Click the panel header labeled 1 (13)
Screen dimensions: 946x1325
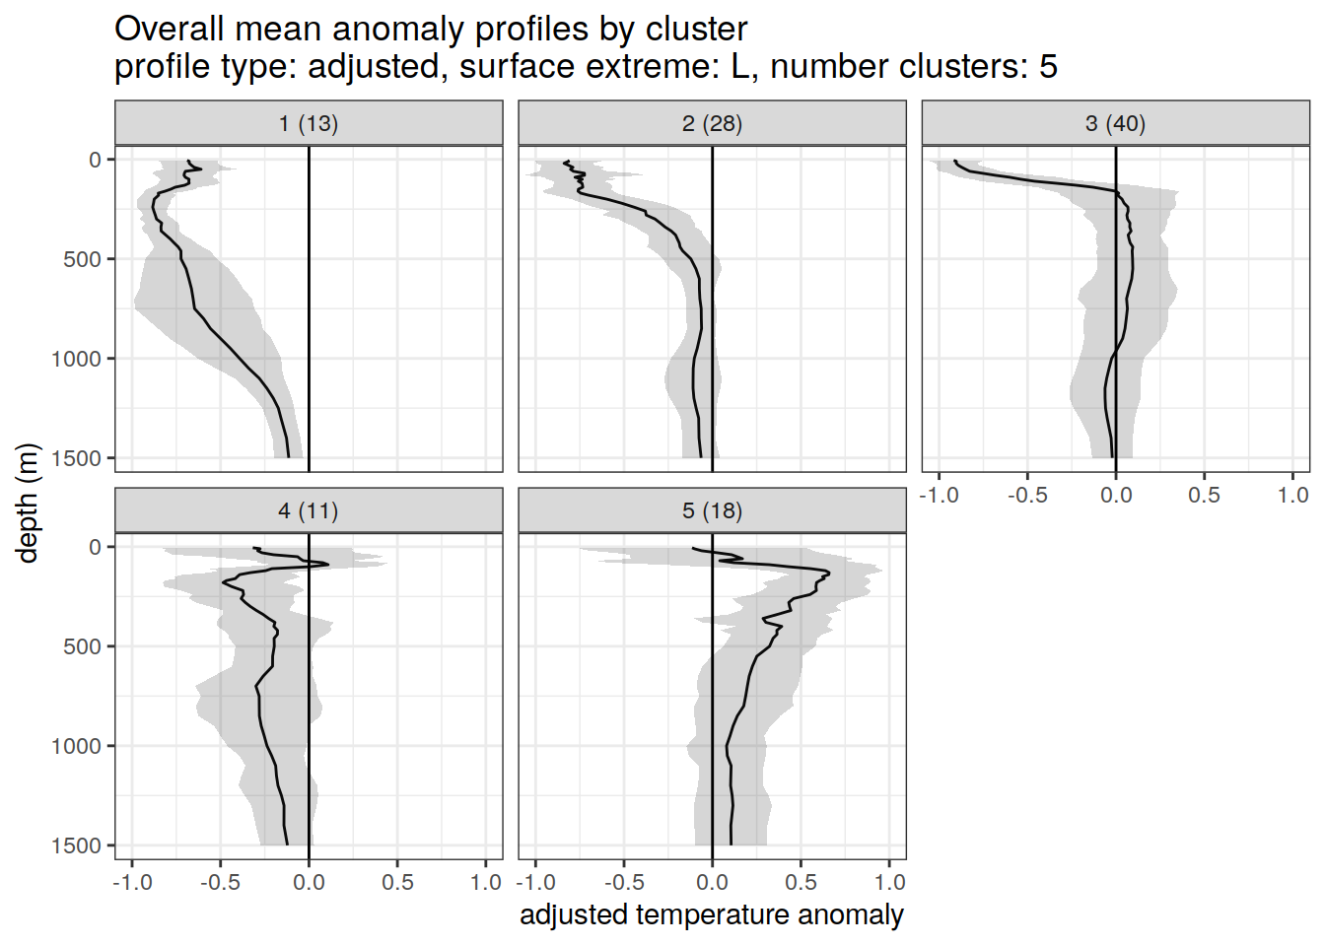[x=309, y=123]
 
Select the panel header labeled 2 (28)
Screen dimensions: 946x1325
[x=712, y=123]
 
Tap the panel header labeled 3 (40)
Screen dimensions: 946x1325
[x=1115, y=123]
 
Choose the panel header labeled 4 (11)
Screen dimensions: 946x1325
[x=309, y=510]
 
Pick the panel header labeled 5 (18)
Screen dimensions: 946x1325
[x=712, y=510]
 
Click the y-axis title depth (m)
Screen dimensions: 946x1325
[x=28, y=503]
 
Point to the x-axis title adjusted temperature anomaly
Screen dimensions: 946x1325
[x=711, y=914]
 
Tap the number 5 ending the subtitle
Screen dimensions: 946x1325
[x=1048, y=67]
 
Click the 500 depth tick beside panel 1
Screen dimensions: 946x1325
[x=83, y=259]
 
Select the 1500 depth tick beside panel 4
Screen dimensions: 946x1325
[x=77, y=845]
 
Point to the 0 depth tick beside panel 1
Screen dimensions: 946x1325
[x=96, y=160]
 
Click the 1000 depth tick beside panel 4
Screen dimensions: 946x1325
[x=77, y=746]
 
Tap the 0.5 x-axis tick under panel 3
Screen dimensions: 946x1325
[x=1204, y=495]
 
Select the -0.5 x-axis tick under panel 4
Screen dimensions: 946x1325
[x=220, y=882]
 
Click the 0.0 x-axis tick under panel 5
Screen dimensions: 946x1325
[x=712, y=882]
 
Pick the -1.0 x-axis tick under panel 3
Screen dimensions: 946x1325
[x=939, y=495]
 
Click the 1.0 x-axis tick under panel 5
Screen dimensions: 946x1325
[x=889, y=882]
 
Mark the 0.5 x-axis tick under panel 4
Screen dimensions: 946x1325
[x=397, y=882]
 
